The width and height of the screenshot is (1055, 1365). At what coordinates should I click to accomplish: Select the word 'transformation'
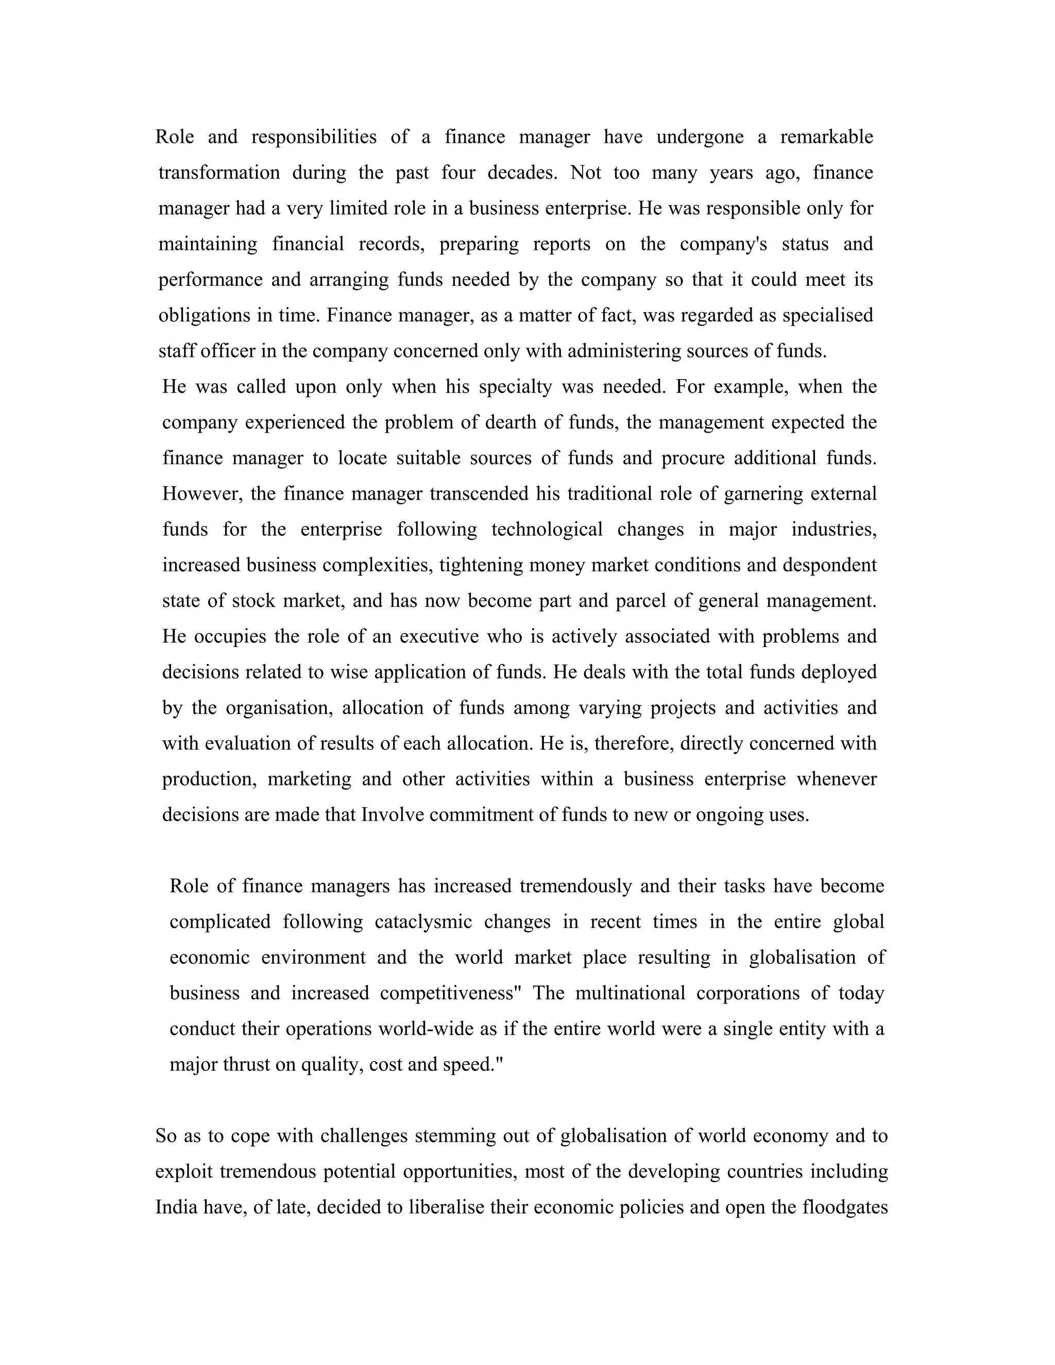pyautogui.click(x=219, y=173)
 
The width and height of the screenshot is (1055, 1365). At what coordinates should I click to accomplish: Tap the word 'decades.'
pyautogui.click(x=522, y=173)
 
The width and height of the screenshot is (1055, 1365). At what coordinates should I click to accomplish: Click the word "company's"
pyautogui.click(x=723, y=244)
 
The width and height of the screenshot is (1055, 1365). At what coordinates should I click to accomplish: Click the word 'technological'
pyautogui.click(x=547, y=530)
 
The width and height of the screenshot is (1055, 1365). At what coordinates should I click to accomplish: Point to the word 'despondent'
pyautogui.click(x=829, y=565)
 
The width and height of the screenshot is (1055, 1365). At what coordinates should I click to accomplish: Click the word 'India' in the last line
pyautogui.click(x=173, y=1207)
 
